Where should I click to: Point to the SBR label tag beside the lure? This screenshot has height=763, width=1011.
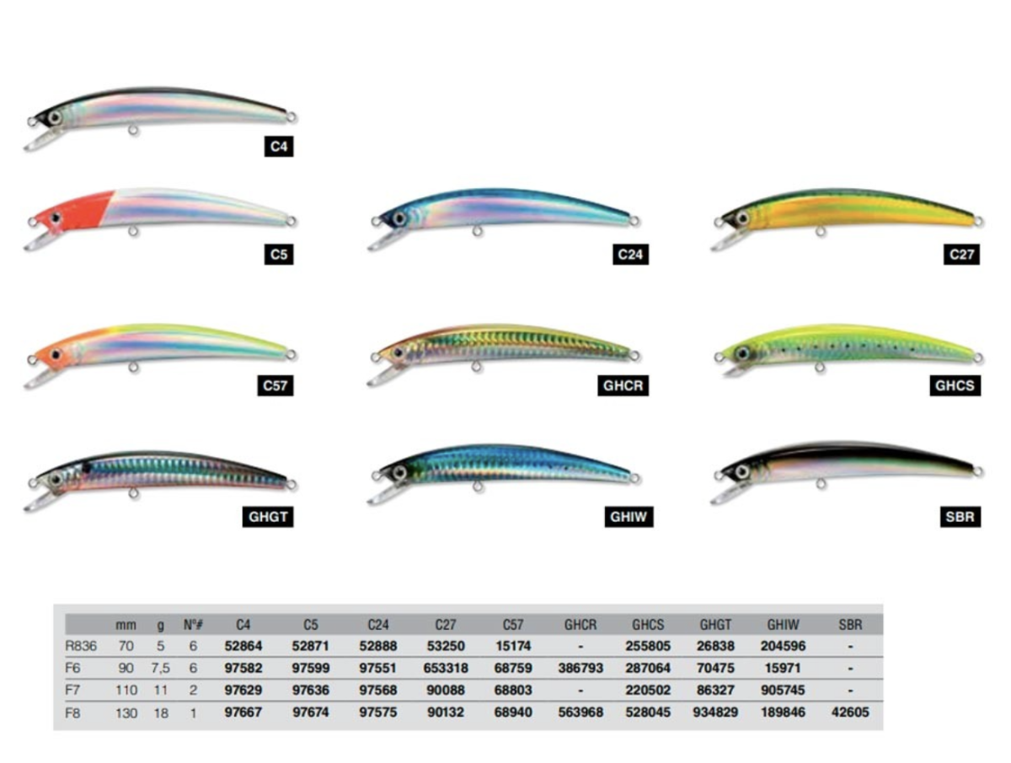[x=961, y=517]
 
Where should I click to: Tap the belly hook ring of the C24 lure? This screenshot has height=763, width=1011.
[x=478, y=232]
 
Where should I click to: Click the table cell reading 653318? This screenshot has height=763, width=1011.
[x=446, y=669]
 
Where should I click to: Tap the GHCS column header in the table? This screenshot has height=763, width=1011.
[x=648, y=626]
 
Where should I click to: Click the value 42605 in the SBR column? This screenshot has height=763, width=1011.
[x=851, y=712]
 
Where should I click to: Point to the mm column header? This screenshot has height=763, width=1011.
[x=126, y=626]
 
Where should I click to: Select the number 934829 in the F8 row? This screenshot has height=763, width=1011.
[x=716, y=712]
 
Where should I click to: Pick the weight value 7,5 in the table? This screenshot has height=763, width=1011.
[x=161, y=669]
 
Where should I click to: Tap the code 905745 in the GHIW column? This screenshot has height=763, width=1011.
[x=784, y=690]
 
